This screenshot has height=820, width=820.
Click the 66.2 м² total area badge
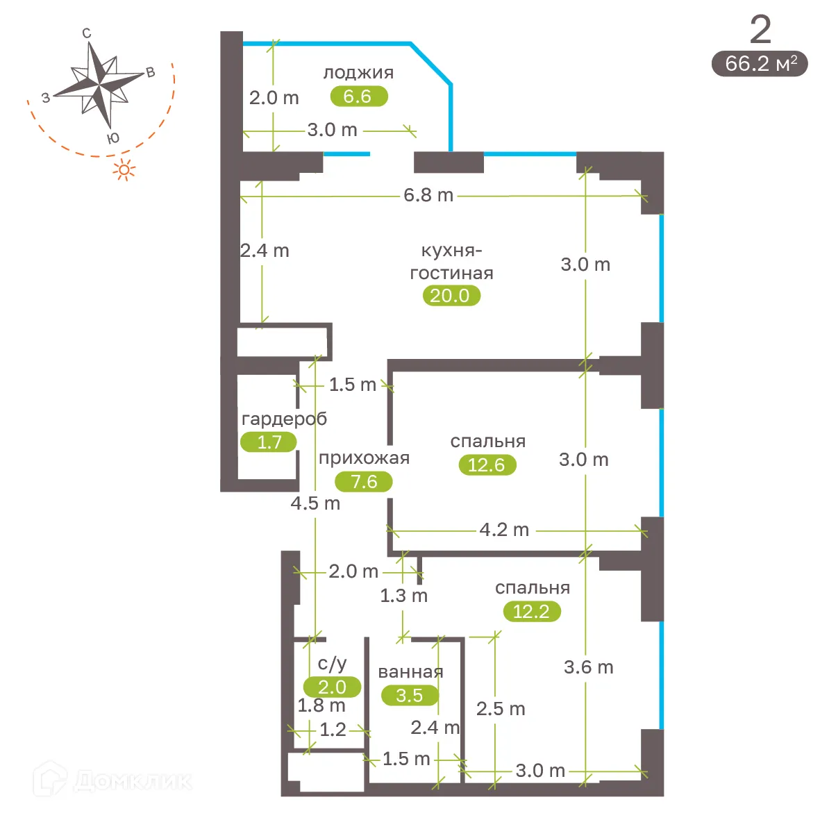pos(760,64)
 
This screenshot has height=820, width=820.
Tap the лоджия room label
pos(358,72)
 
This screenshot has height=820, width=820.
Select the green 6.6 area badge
pos(358,96)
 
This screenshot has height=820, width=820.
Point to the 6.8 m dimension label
pos(428,195)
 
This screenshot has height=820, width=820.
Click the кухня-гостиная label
pos(451,262)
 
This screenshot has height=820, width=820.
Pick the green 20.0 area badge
pos(451,296)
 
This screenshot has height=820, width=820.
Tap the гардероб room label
pos(284,419)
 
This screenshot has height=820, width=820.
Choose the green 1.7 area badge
pos(269,442)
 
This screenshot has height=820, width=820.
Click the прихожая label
pos(364,458)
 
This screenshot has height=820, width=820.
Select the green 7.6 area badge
pos(364,481)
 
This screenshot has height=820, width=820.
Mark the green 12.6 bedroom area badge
pos(487,465)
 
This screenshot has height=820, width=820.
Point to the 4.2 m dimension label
pos(504,530)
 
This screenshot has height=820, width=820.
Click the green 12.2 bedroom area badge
pos(531,611)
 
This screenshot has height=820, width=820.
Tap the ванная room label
pos(410,672)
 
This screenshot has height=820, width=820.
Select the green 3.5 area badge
pos(410,695)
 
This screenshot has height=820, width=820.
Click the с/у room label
pos(332,664)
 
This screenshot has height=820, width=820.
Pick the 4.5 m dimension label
pos(315,503)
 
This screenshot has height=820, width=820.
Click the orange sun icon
pos(124,169)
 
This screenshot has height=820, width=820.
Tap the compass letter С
pos(87,33)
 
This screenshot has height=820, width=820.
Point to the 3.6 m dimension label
pos(588,667)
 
